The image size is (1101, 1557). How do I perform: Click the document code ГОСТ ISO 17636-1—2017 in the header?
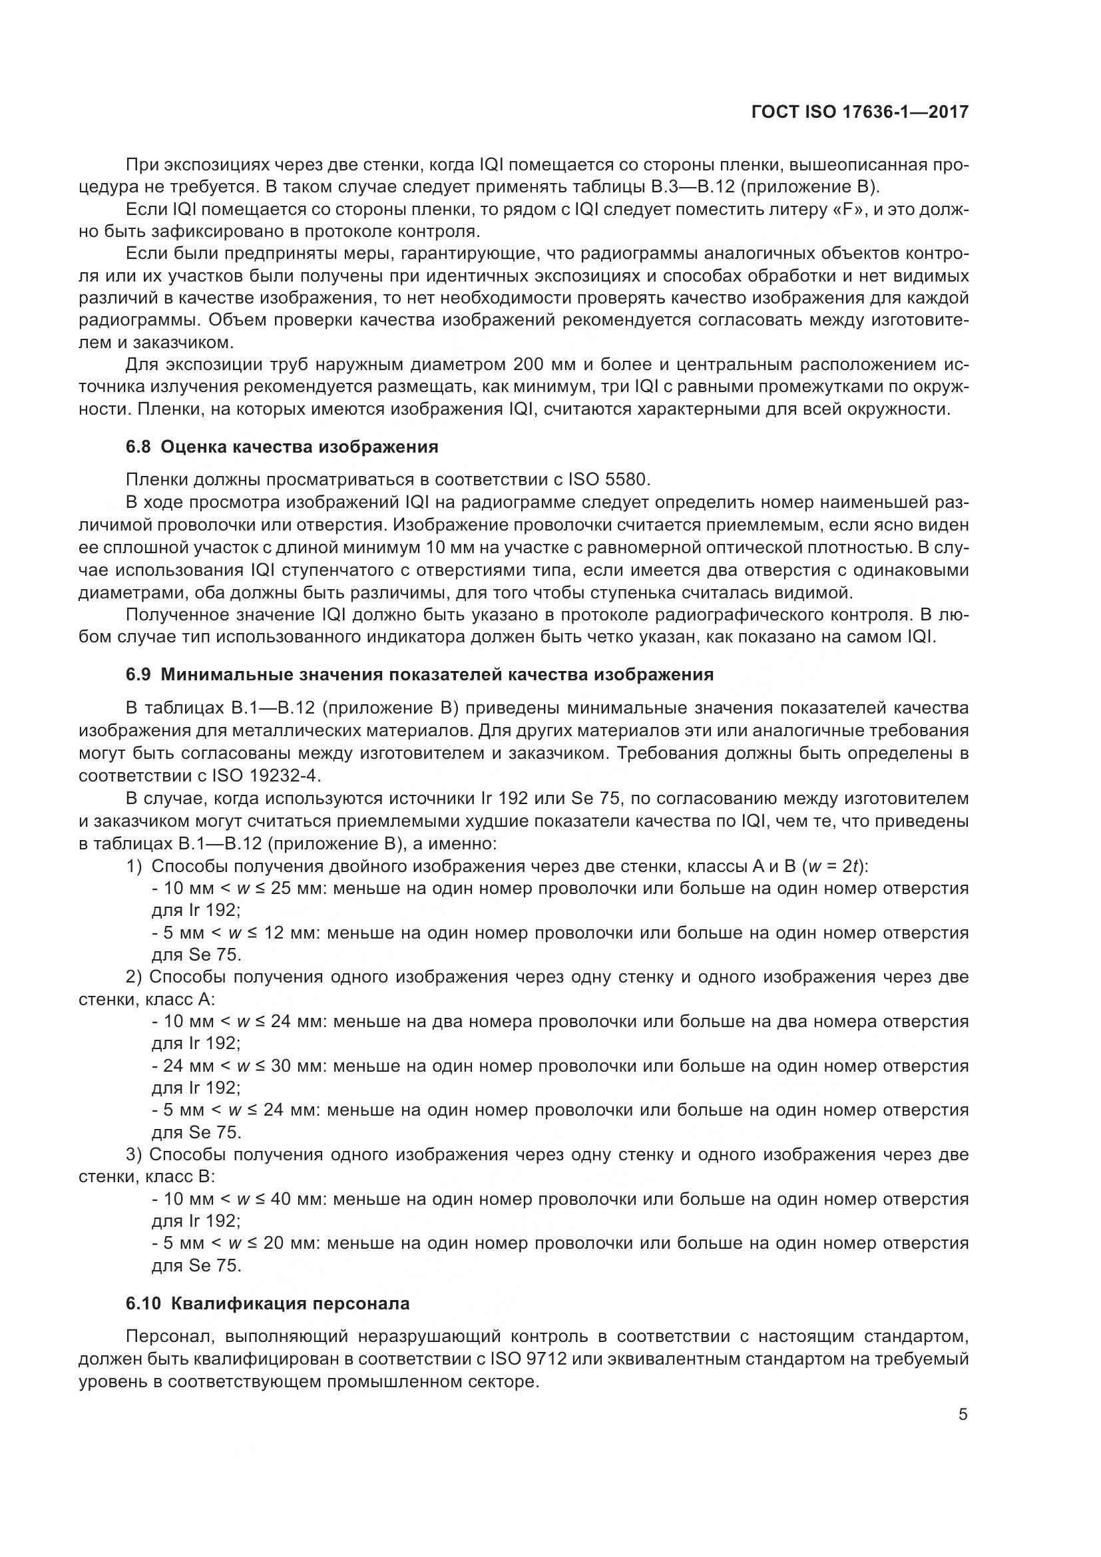coord(859,112)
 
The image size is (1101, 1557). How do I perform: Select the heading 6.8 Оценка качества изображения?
coord(282,447)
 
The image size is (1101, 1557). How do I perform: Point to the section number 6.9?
coord(140,675)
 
